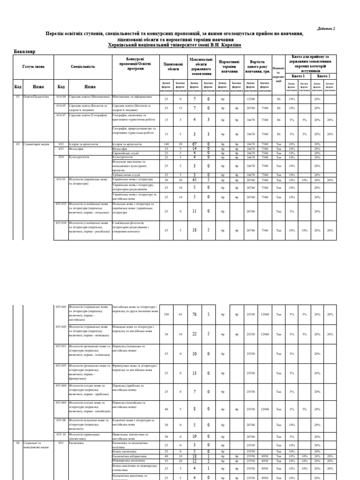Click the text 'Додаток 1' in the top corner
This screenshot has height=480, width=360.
click(x=327, y=29)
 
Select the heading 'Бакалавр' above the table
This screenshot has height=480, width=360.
click(x=24, y=51)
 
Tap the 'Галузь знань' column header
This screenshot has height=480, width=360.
click(x=34, y=67)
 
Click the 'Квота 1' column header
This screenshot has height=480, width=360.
click(x=298, y=76)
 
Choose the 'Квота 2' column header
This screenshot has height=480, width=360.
click(x=323, y=76)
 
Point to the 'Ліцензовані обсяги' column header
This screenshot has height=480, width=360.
click(x=173, y=66)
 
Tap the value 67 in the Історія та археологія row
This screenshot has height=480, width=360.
click(x=194, y=144)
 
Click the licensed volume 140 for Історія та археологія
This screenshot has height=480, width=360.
click(x=166, y=144)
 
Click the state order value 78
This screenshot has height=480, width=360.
click(x=194, y=315)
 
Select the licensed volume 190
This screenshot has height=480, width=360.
click(x=166, y=315)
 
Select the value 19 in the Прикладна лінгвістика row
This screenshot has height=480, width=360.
click(x=194, y=436)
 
